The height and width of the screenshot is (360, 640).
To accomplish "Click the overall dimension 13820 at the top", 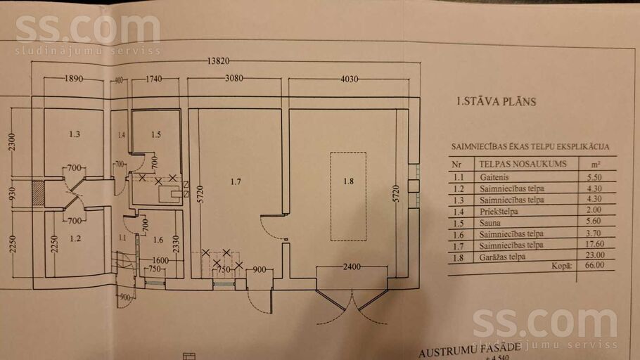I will tap(219, 62).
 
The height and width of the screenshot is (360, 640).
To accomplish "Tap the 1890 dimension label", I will tap(74, 79).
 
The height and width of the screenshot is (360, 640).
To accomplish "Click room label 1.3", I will tap(75, 134).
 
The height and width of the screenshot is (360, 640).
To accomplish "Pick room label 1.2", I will tap(75, 238).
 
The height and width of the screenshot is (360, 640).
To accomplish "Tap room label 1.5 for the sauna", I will tap(155, 134).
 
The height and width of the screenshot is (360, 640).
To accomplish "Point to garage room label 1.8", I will tap(348, 181).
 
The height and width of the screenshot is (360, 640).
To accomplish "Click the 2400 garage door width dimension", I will tap(352, 266).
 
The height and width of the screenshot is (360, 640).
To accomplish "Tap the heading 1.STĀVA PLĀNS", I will tap(496, 102).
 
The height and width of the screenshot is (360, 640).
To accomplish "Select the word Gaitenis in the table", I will tap(492, 178).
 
